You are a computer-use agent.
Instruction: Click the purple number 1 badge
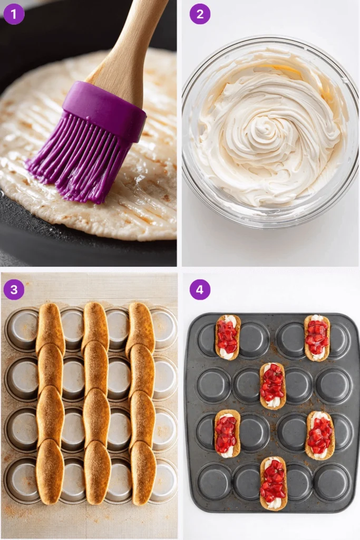pyautogui.click(x=14, y=14)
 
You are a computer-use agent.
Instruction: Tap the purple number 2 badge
pyautogui.click(x=200, y=14)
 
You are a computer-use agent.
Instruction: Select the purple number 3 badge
pyautogui.click(x=14, y=290)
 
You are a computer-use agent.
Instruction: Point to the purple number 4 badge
pyautogui.click(x=200, y=290)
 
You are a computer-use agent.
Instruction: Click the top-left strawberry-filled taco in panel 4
pyautogui.click(x=227, y=337)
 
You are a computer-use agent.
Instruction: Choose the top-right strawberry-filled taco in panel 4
pyautogui.click(x=317, y=338)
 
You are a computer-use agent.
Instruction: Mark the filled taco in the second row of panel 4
pyautogui.click(x=273, y=385)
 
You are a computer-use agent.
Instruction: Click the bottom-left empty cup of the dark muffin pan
pyautogui.click(x=215, y=481)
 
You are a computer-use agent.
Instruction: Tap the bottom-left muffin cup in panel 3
pyautogui.click(x=21, y=480)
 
